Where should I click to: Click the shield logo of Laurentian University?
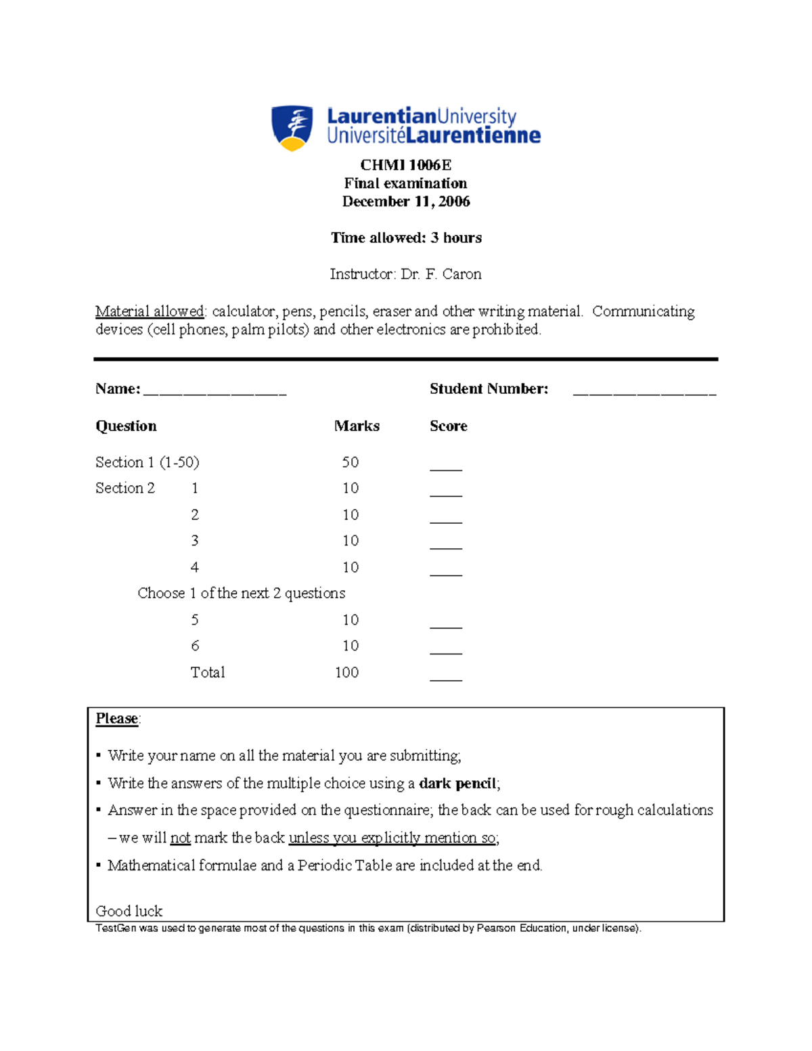tap(292, 127)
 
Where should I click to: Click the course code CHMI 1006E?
tap(405, 165)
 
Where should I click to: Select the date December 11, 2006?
tap(405, 202)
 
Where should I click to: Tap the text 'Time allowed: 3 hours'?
tap(406, 238)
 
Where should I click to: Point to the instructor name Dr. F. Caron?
tap(441, 274)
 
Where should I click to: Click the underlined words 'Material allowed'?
tap(150, 311)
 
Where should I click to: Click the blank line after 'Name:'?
tap(215, 391)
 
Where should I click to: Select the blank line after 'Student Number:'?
tap(644, 391)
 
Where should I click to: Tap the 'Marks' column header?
tap(357, 426)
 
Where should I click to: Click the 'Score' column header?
tap(448, 426)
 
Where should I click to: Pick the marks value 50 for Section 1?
tap(350, 462)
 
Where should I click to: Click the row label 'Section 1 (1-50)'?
tap(148, 462)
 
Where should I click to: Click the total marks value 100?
tap(346, 672)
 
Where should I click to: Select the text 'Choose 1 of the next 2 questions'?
tap(241, 594)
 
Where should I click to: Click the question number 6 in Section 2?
tap(195, 646)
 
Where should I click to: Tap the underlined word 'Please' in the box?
tap(116, 719)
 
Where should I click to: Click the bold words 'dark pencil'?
tap(457, 784)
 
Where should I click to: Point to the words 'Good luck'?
tap(129, 911)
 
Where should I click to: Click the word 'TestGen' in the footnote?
tap(116, 929)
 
